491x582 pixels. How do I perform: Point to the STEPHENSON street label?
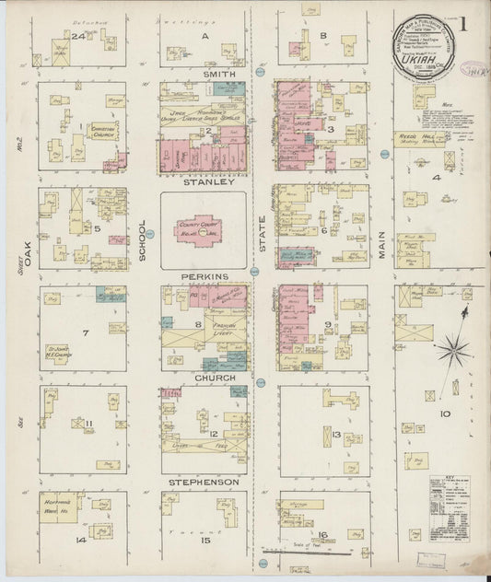click(204, 482)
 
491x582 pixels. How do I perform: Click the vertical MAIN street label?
click(381, 244)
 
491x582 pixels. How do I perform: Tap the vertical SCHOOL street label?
click(143, 241)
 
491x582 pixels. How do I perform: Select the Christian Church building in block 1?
click(101, 133)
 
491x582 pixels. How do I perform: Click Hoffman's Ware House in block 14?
click(61, 507)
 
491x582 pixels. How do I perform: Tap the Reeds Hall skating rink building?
click(420, 139)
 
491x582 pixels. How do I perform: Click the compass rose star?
click(452, 349)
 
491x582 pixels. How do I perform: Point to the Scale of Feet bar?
click(295, 552)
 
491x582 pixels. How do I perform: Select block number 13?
click(336, 434)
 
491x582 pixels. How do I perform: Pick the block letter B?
click(322, 36)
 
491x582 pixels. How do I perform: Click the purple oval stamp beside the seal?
click(475, 69)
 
